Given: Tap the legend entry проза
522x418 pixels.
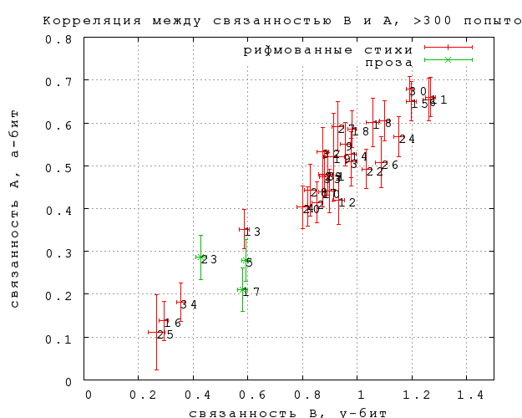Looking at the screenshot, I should click(x=388, y=62).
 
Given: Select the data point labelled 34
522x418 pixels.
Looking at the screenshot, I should click(x=180, y=303).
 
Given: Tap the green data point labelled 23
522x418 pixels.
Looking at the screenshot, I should click(x=200, y=257).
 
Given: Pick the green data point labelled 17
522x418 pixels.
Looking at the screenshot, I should click(x=242, y=290).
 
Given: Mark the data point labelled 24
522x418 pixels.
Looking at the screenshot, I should click(x=398, y=137).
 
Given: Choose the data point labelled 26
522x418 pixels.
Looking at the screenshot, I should click(x=381, y=162).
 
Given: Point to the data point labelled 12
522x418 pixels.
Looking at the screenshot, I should click(x=339, y=201).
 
